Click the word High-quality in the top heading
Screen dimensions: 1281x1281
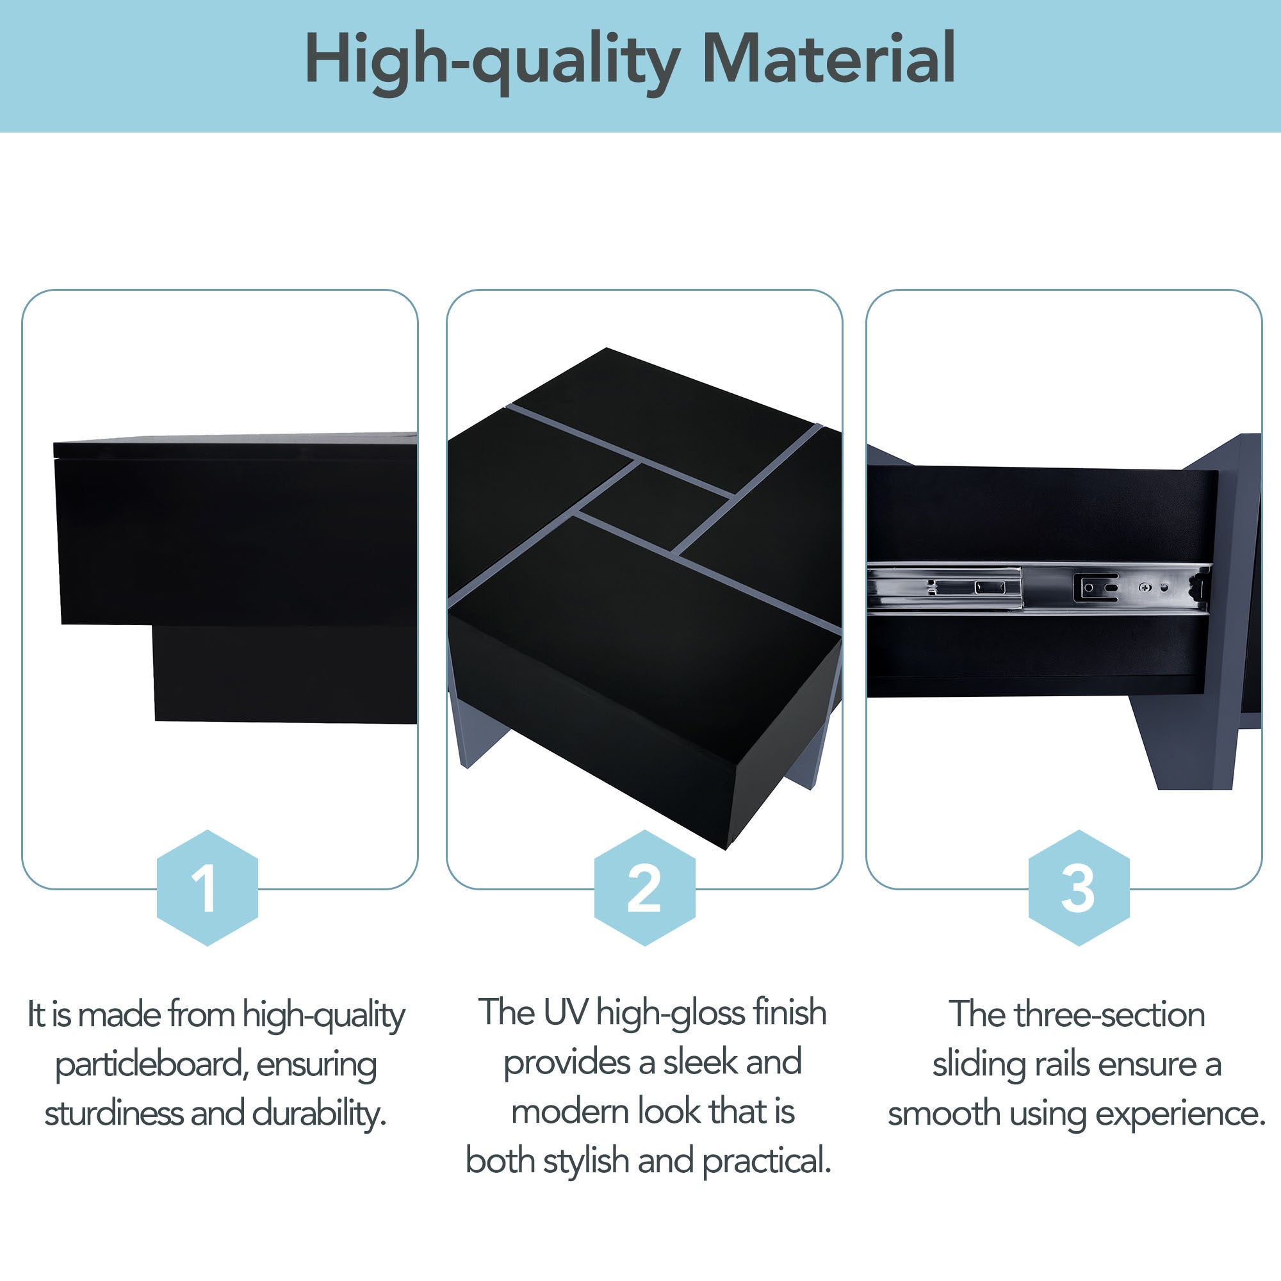(x=491, y=60)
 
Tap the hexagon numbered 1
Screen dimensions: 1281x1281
(x=207, y=888)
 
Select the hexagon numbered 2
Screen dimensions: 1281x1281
(x=644, y=888)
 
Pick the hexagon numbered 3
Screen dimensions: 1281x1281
(x=1078, y=888)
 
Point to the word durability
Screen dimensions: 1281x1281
(x=319, y=1113)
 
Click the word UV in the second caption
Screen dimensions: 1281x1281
(x=565, y=1013)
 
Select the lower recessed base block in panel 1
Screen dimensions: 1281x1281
(x=285, y=673)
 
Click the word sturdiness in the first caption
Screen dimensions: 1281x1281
(x=113, y=1113)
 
